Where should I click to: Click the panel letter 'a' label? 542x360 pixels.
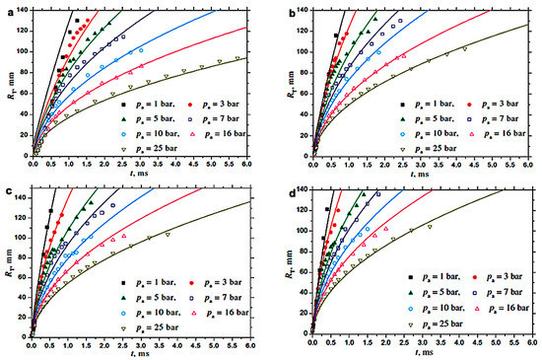click(x=6, y=10)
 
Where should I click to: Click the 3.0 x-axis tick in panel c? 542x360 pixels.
click(x=141, y=344)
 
